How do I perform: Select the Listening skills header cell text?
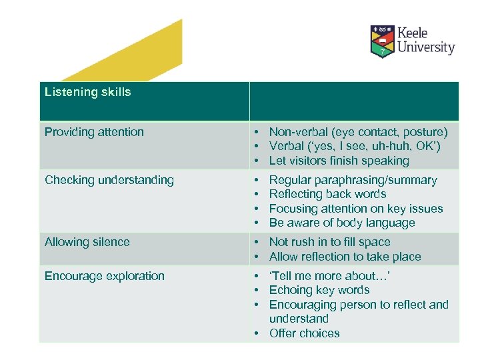click(87, 92)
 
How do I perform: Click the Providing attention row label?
click(94, 132)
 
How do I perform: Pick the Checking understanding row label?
click(109, 180)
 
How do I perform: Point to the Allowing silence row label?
click(87, 242)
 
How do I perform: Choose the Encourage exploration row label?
click(104, 276)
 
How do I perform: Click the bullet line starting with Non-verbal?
click(358, 132)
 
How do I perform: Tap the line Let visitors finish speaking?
click(339, 161)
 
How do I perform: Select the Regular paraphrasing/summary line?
click(353, 180)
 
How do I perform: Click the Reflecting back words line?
click(327, 194)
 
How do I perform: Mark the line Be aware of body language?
click(341, 223)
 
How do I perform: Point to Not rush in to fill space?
click(329, 242)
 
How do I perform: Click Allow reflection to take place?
click(345, 257)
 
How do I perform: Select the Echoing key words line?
click(319, 290)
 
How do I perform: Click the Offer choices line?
click(304, 333)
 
